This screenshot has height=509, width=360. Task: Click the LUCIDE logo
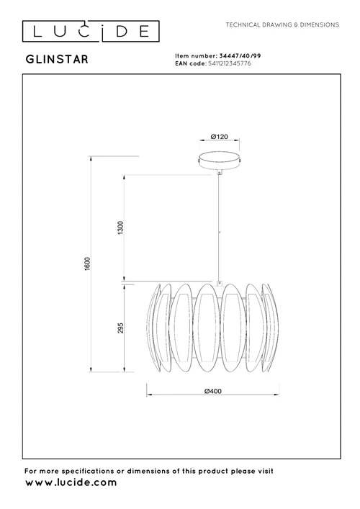[x=91, y=31]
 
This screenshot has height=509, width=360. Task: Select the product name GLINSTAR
[x=57, y=60]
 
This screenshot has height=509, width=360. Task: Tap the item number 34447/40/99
[x=240, y=56]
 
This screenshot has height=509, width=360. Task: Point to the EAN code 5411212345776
[x=229, y=63]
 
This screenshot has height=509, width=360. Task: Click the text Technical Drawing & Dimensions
[x=282, y=24]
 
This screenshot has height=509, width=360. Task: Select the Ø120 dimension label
[x=220, y=137]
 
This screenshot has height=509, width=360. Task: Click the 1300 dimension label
[x=120, y=228]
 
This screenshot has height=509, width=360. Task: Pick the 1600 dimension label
[x=87, y=264]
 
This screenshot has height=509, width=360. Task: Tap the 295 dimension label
[x=120, y=328]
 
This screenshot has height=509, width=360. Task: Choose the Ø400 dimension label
[x=213, y=391]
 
